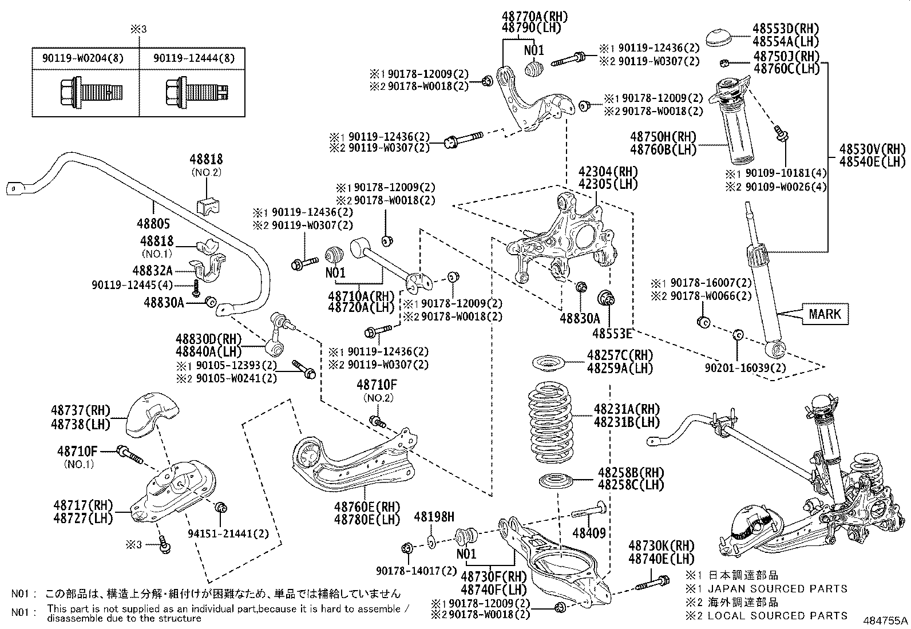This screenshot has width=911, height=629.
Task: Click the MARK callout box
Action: coord(825,314)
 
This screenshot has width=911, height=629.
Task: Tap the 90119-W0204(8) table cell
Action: coord(86,58)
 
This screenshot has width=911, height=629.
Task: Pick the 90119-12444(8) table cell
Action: coord(193,58)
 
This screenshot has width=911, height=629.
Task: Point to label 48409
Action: coord(589,533)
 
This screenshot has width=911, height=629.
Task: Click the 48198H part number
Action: coord(433,517)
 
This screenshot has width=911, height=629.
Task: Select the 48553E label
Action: coord(612,334)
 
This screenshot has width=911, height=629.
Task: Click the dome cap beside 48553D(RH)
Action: coord(719,37)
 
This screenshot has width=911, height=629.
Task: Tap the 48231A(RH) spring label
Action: coord(626,409)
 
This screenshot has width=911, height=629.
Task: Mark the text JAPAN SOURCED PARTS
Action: coord(777,588)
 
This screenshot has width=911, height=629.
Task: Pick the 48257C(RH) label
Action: coord(619,355)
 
